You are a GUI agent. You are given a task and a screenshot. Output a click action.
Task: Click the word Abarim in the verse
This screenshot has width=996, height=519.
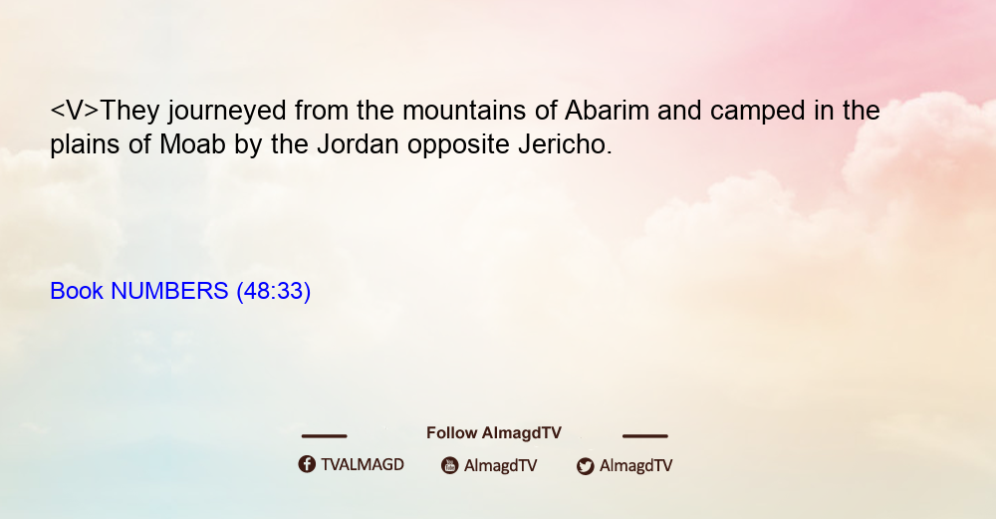point(607,111)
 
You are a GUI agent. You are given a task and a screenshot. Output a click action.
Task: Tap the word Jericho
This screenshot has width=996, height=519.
point(566,144)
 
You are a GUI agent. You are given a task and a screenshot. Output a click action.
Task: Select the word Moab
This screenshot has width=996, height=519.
point(192,144)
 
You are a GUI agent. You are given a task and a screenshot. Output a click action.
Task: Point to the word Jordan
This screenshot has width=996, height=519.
point(359,144)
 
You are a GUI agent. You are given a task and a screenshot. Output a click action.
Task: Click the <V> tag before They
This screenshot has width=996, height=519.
point(75,111)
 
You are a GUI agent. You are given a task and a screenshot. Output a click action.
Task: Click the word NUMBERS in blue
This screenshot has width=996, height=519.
point(169,291)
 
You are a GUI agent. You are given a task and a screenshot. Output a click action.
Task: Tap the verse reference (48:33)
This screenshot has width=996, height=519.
point(273,292)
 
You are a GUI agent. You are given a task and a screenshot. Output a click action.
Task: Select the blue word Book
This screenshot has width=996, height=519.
point(77,291)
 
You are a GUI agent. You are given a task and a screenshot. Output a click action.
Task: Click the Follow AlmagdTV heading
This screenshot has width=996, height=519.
point(494,433)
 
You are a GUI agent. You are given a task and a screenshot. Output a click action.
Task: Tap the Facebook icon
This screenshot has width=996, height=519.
point(307,464)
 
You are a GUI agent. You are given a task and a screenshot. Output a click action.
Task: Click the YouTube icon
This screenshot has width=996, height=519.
point(450,465)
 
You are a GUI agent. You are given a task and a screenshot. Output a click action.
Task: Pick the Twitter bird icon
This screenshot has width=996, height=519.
point(585,466)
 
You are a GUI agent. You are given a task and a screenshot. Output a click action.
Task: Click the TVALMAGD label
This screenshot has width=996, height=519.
point(363,465)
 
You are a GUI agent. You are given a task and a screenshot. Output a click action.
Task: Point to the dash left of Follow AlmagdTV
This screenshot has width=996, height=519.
point(324,436)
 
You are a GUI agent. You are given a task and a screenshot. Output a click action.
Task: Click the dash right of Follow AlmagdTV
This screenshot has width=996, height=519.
point(645,436)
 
